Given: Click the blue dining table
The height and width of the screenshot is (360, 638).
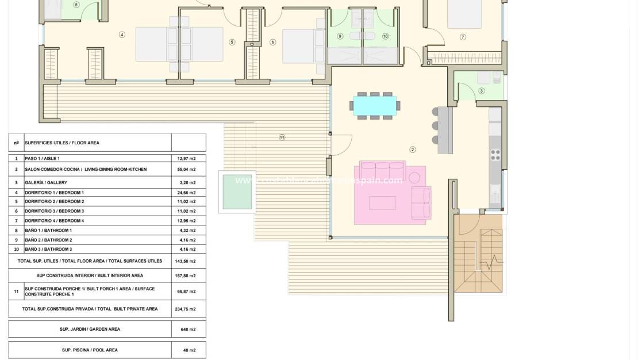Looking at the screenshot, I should click(x=375, y=105).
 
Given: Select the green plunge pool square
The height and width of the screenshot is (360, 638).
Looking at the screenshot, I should click(x=237, y=192).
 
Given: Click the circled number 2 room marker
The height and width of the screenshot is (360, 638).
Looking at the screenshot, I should click(x=412, y=150).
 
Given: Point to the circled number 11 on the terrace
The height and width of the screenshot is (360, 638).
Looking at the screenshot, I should click(x=282, y=137).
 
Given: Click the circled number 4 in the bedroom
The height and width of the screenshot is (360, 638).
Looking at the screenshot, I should click(x=122, y=35).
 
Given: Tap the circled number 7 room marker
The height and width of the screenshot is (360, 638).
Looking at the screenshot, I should click(x=463, y=37).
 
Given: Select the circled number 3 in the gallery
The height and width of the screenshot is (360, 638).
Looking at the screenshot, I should click(x=482, y=91).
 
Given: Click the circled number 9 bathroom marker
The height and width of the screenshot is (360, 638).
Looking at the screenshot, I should click(x=340, y=36).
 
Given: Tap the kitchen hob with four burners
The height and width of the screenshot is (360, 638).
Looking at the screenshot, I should click(x=495, y=155).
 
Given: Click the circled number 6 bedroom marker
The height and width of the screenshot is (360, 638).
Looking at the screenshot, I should click(x=272, y=42).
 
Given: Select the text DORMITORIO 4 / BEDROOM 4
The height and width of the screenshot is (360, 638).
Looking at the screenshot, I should click(x=55, y=221).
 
